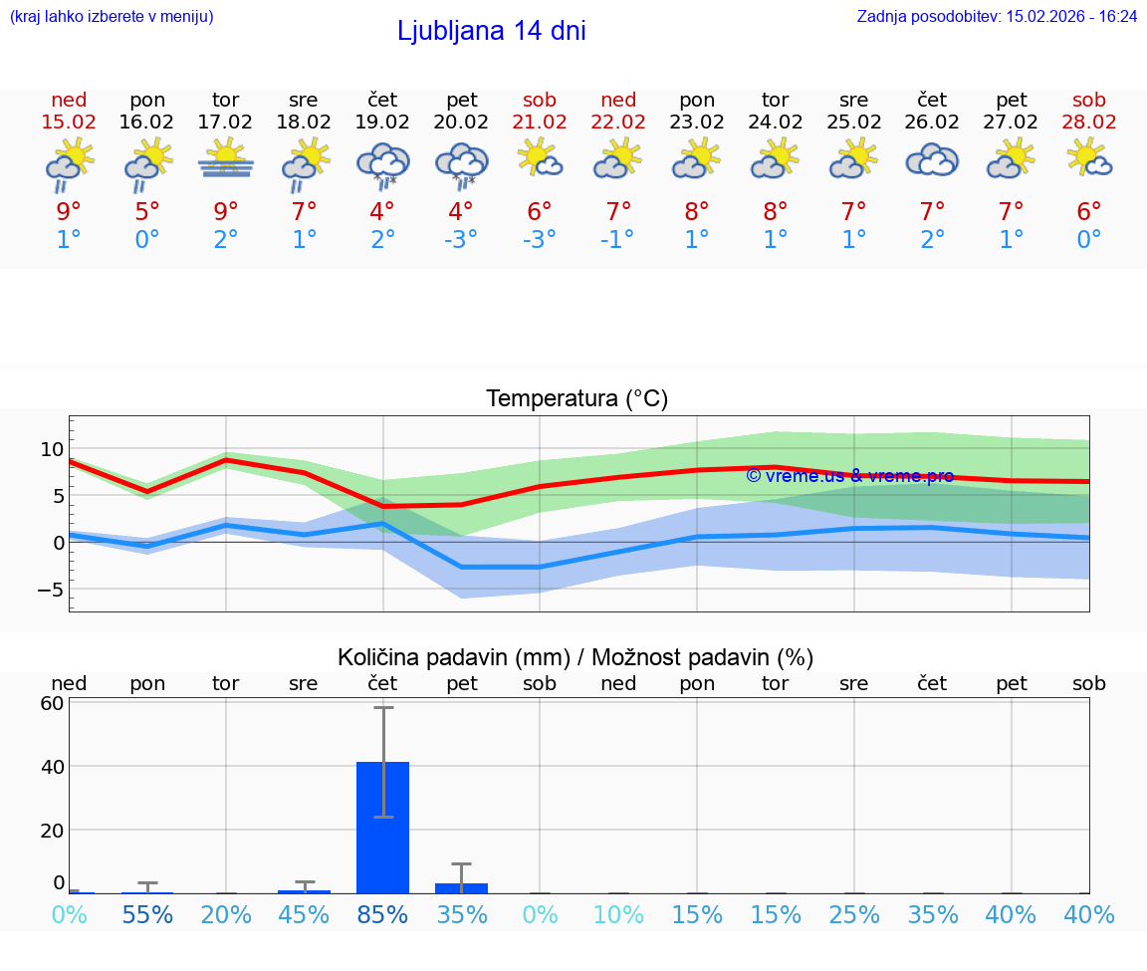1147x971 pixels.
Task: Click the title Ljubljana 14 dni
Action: pyautogui.click(x=491, y=31)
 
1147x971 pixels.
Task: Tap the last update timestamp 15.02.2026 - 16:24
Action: pyautogui.click(x=1071, y=17)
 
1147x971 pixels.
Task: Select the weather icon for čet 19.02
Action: pyautogui.click(x=382, y=165)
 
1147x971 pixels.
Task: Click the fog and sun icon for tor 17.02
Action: pyautogui.click(x=226, y=159)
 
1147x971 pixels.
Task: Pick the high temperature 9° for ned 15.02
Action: pyautogui.click(x=69, y=212)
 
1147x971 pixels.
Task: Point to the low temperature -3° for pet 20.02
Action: pyautogui.click(x=461, y=240)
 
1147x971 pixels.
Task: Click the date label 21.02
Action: pyautogui.click(x=540, y=122)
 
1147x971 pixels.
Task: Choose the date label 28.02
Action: pyautogui.click(x=1089, y=122)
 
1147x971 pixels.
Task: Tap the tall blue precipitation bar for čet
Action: pyautogui.click(x=383, y=828)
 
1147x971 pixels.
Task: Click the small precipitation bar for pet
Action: pyautogui.click(x=461, y=888)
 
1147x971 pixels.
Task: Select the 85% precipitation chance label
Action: pyautogui.click(x=383, y=915)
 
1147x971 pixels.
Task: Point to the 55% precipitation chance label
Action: pyautogui.click(x=147, y=915)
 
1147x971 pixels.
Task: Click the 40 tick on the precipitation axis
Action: pyautogui.click(x=53, y=767)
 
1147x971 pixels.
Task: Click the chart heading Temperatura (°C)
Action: pyautogui.click(x=576, y=399)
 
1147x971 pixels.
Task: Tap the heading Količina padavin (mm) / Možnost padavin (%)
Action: pyautogui.click(x=575, y=657)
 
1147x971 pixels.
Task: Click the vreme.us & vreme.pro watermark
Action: pyautogui.click(x=849, y=476)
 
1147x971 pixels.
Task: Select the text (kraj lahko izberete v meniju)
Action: pyautogui.click(x=112, y=17)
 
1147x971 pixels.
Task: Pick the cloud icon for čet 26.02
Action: pyautogui.click(x=932, y=161)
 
